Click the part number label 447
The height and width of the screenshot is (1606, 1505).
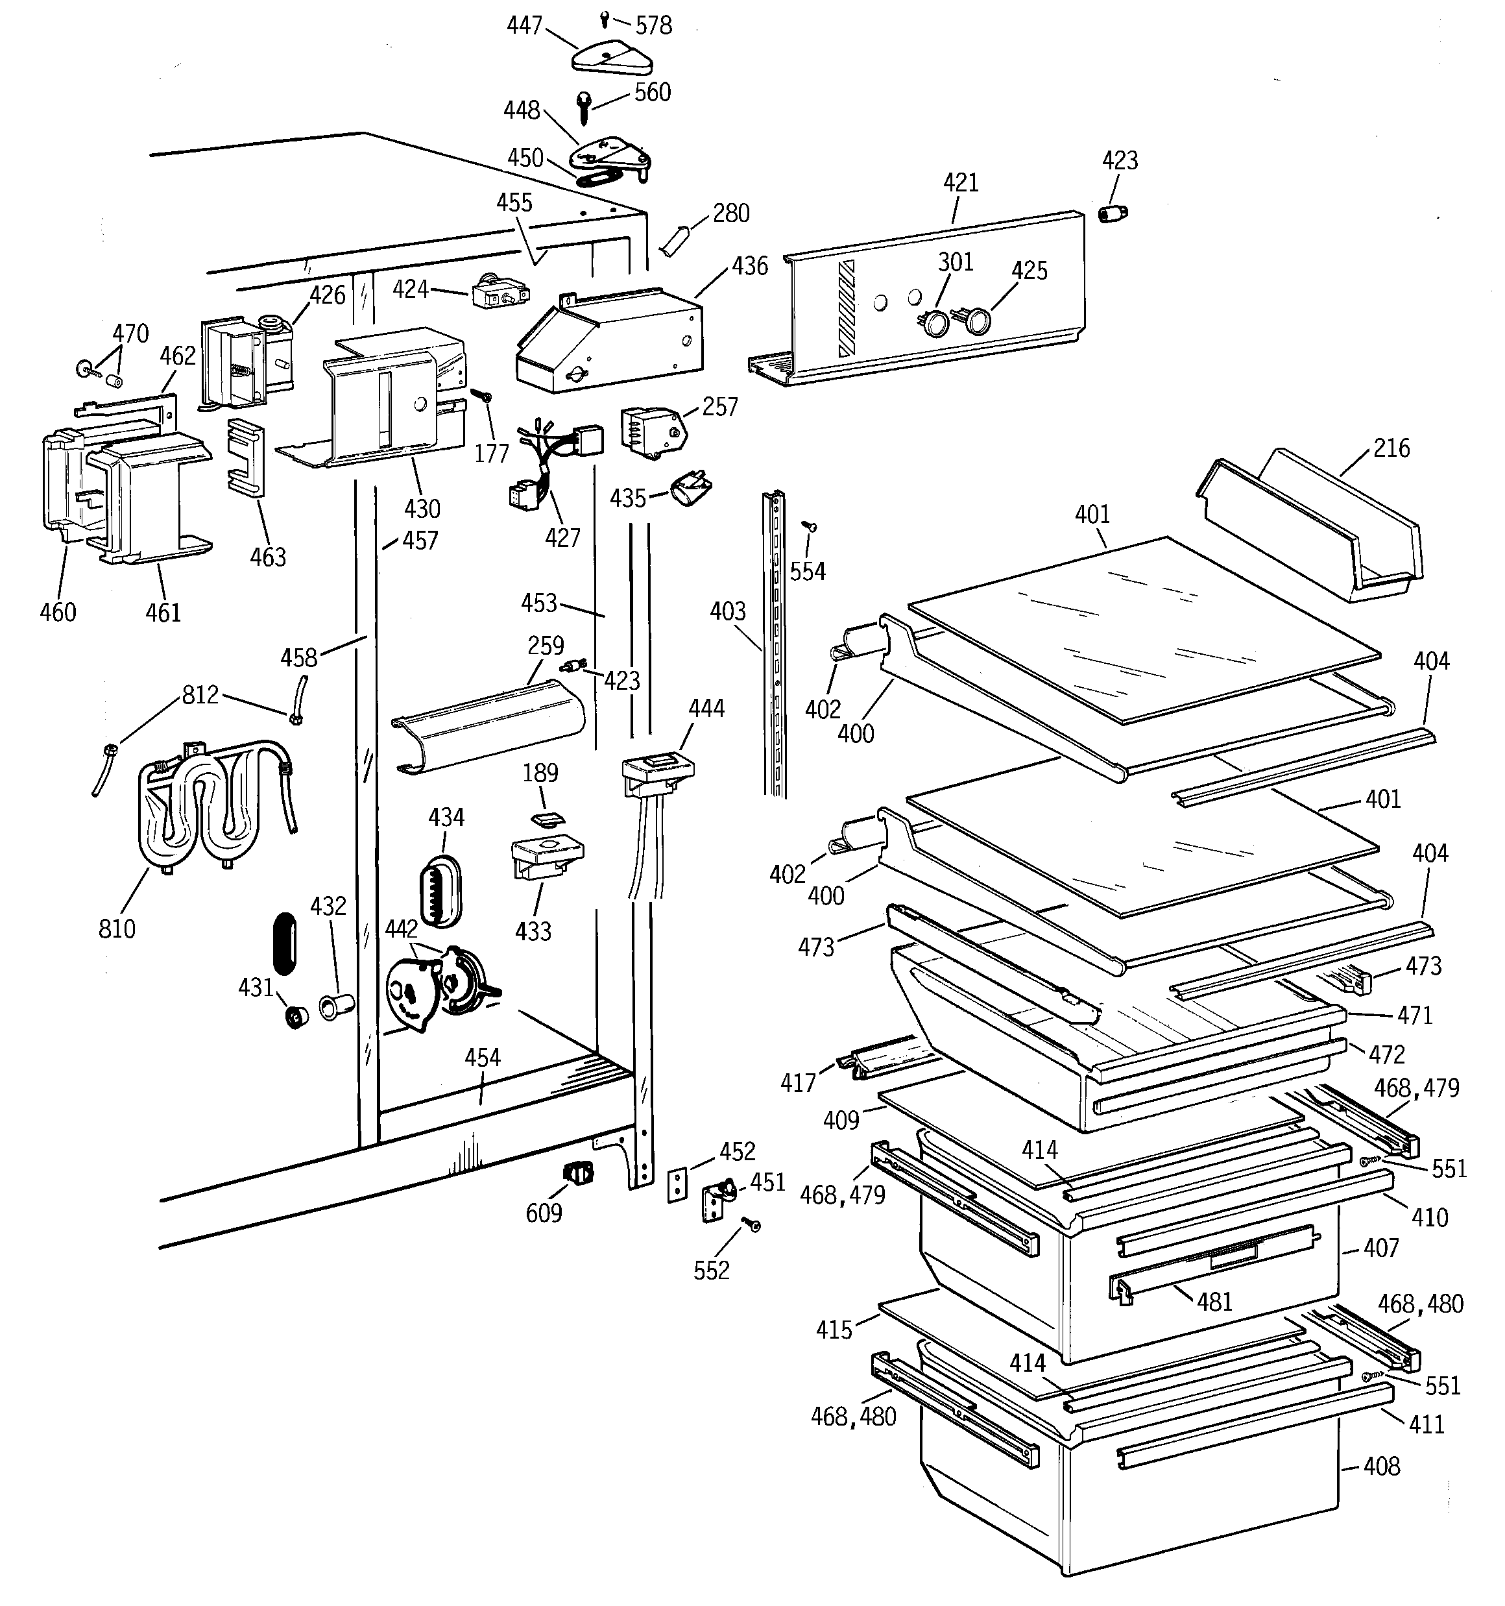pos(524,26)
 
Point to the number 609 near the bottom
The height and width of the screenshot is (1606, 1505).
pos(544,1213)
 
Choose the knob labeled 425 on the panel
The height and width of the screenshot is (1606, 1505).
pos(978,321)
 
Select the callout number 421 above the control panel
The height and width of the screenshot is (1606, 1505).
pos(961,182)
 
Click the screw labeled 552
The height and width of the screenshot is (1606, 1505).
pos(754,1226)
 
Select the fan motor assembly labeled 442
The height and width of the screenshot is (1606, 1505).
pos(436,990)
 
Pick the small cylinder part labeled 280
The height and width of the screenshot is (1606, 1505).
pos(675,241)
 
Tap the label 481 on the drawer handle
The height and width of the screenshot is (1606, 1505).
pos(1214,1302)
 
